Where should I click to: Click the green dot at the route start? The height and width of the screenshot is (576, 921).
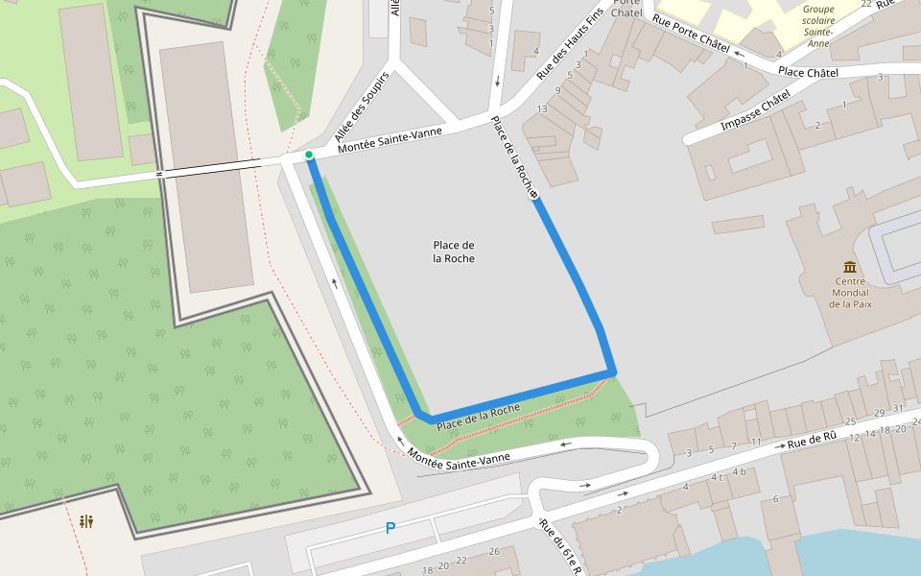coord(309,155)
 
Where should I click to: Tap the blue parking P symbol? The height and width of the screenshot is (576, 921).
coord(390,527)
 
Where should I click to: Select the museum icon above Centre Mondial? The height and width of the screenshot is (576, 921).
coord(849,266)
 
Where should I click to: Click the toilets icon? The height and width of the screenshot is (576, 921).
coord(87,521)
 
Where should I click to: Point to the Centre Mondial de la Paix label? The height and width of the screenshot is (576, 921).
coord(849,292)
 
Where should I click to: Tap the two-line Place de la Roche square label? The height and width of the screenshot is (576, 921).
coord(454,252)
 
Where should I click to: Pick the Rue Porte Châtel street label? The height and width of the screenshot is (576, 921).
coord(690,34)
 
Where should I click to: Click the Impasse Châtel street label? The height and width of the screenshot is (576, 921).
coord(754,112)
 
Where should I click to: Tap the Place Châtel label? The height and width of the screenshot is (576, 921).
coord(808,72)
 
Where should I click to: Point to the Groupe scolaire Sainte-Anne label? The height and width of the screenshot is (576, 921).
coord(818,26)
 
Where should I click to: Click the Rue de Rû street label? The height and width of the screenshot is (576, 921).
coord(813,440)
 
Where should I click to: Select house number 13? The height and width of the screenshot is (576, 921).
coord(542,108)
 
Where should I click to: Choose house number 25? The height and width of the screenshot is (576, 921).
coord(850,421)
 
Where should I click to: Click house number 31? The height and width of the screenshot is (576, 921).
coord(898,408)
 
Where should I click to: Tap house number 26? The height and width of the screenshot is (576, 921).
coord(494,551)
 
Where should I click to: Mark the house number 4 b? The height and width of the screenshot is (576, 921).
coord(739,471)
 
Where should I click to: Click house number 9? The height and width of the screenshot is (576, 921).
coord(557,90)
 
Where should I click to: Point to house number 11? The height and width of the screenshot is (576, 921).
coord(756,442)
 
